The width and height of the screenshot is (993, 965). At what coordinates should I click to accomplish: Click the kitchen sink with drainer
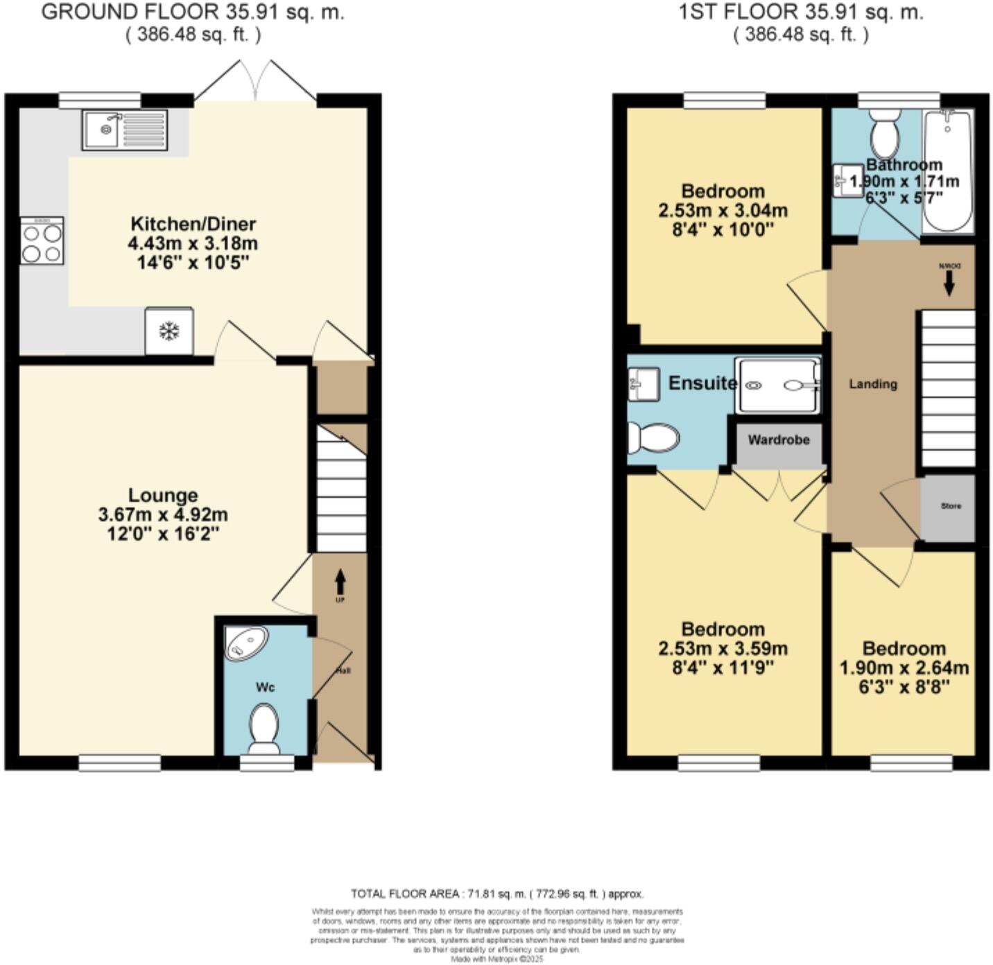125,130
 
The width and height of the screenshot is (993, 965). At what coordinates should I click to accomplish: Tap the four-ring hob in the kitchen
42,241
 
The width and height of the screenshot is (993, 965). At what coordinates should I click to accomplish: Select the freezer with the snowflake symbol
169,331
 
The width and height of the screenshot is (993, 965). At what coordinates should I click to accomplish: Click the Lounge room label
163,495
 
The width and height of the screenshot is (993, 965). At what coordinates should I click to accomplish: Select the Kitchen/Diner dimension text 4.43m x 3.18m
193,243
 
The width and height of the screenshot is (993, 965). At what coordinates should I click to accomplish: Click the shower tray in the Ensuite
777,385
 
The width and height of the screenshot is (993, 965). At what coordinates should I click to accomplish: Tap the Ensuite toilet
652,438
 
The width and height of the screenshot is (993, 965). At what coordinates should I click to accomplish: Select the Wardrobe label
779,440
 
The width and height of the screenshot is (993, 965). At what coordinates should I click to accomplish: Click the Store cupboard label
951,506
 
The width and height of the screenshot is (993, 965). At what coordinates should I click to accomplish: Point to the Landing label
873,384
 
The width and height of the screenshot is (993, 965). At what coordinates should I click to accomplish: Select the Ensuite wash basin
642,383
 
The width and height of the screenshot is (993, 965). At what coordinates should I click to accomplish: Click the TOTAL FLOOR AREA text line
497,894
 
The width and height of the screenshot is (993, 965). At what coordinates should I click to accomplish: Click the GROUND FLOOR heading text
193,12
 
